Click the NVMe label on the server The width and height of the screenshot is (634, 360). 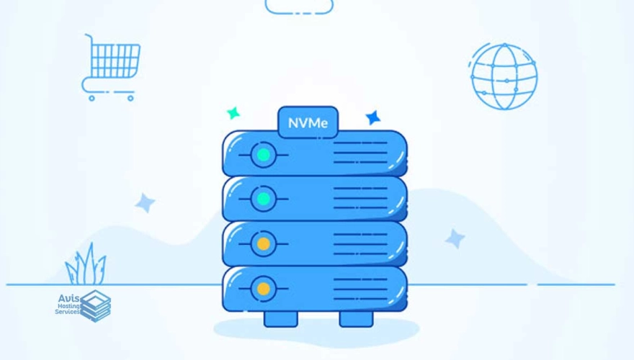point(308,123)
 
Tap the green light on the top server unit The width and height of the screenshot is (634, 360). point(264,155)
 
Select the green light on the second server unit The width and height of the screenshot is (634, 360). point(264,199)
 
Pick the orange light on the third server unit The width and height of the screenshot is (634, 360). point(264,244)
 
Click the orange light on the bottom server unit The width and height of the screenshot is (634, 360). point(264,289)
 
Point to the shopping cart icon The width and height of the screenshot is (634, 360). point(111,68)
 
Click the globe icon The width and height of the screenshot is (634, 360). point(504,76)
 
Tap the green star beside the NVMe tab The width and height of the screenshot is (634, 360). point(233,113)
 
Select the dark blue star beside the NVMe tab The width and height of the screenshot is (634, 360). point(372,117)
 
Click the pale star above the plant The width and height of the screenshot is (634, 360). point(145,203)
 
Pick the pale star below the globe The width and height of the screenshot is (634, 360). point(455,238)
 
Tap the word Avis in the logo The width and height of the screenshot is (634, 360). point(68,299)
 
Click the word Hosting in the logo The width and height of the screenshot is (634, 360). point(68,306)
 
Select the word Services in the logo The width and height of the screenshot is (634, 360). point(67,312)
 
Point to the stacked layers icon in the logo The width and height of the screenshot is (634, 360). point(95,306)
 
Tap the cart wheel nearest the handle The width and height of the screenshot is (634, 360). point(91,98)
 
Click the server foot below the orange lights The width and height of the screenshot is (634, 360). point(280,319)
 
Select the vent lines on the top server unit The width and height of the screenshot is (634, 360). point(360,153)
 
